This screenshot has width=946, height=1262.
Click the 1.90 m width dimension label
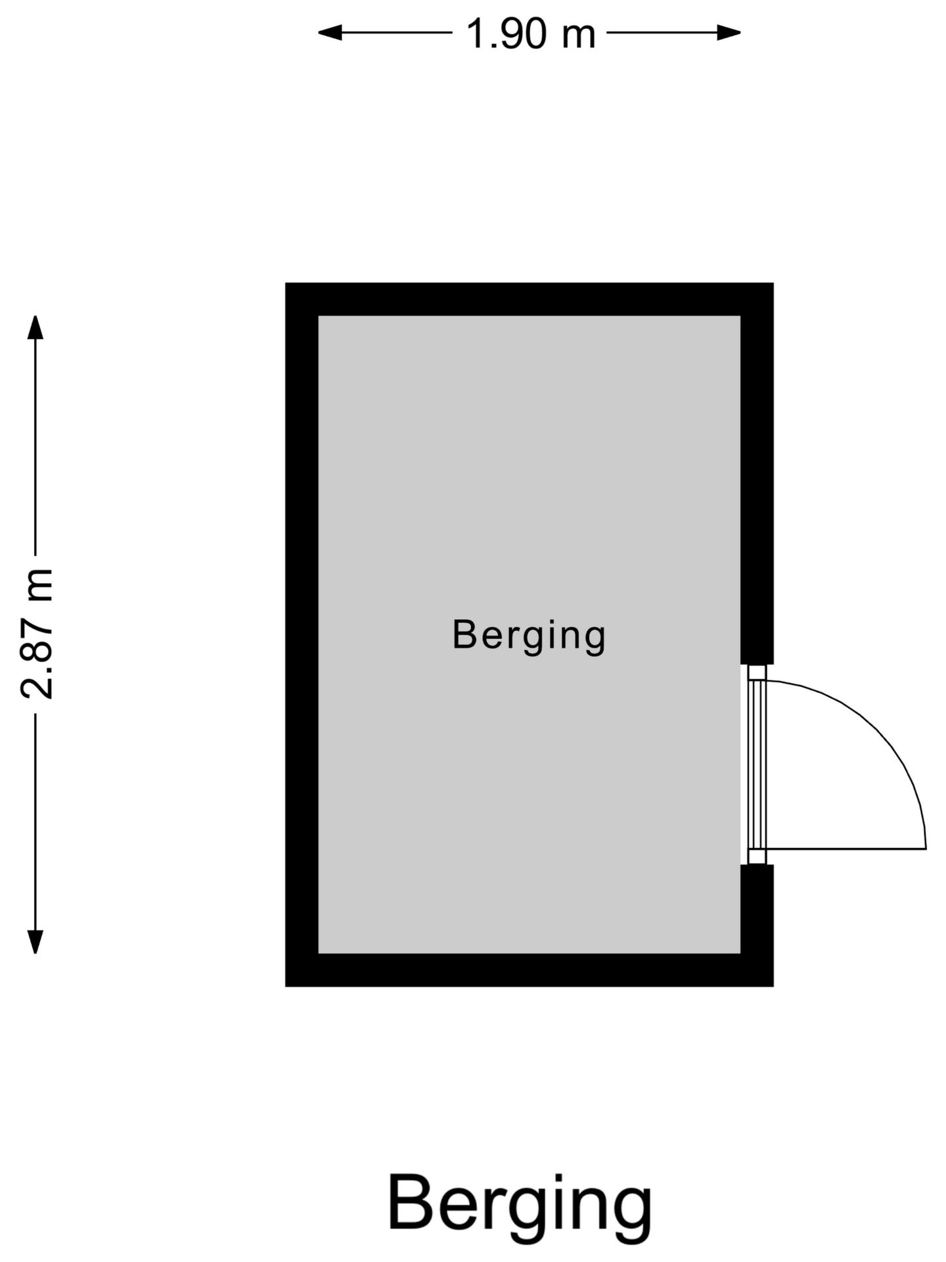[x=531, y=34]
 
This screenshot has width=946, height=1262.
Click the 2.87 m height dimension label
[x=36, y=633]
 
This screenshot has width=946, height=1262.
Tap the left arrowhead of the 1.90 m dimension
[x=330, y=32]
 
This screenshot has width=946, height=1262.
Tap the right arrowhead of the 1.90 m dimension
[x=729, y=32]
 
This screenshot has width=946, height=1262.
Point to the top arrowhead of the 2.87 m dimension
[x=35, y=327]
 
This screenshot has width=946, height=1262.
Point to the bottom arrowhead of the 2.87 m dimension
[x=35, y=942]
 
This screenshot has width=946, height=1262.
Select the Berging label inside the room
[x=529, y=636]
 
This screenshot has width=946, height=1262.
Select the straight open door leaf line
[x=846, y=849]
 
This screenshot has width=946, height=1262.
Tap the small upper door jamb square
[x=757, y=672]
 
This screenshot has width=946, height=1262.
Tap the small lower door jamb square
[x=757, y=856]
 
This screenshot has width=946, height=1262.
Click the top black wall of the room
[x=529, y=299]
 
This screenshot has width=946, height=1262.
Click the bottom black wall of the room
[x=529, y=970]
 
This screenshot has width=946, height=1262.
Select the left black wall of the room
[x=302, y=634]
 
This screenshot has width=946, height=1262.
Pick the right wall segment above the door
[x=757, y=490]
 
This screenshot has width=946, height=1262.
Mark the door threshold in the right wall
[x=757, y=764]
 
